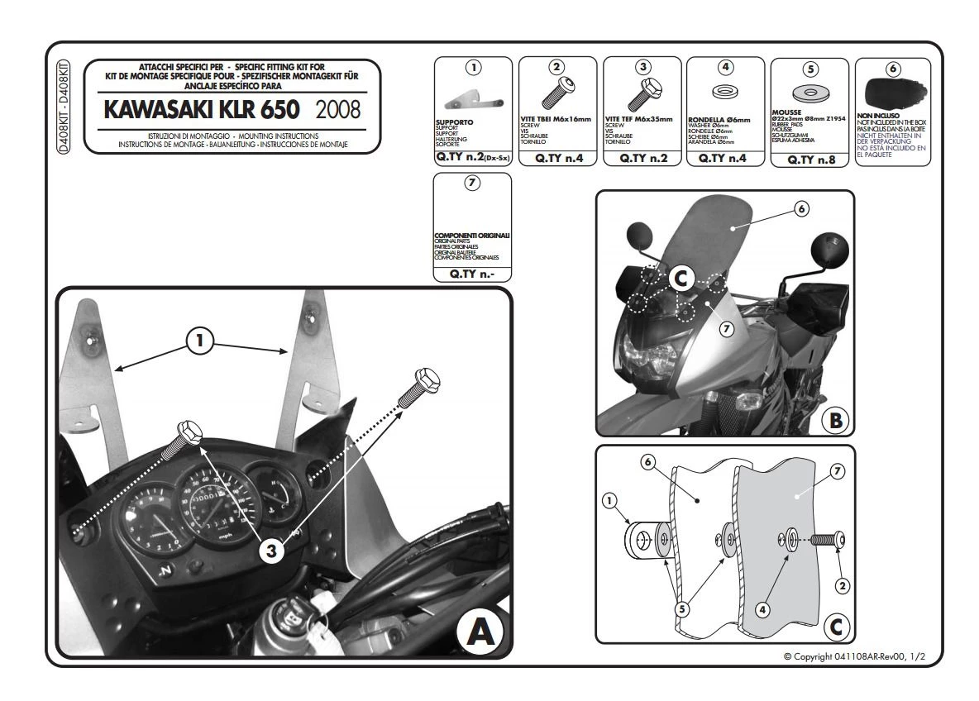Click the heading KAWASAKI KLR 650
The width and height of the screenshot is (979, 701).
point(203,110)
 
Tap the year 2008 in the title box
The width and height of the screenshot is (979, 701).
point(338,110)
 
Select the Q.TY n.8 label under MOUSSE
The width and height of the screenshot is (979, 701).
point(809,160)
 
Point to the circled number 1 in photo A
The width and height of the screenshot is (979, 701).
point(199,341)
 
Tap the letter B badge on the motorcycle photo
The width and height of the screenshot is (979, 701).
point(835,421)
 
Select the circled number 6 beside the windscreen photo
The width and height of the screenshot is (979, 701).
point(800,209)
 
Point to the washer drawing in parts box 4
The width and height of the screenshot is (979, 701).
point(724,90)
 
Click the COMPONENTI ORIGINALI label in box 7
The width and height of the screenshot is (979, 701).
point(472,236)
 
